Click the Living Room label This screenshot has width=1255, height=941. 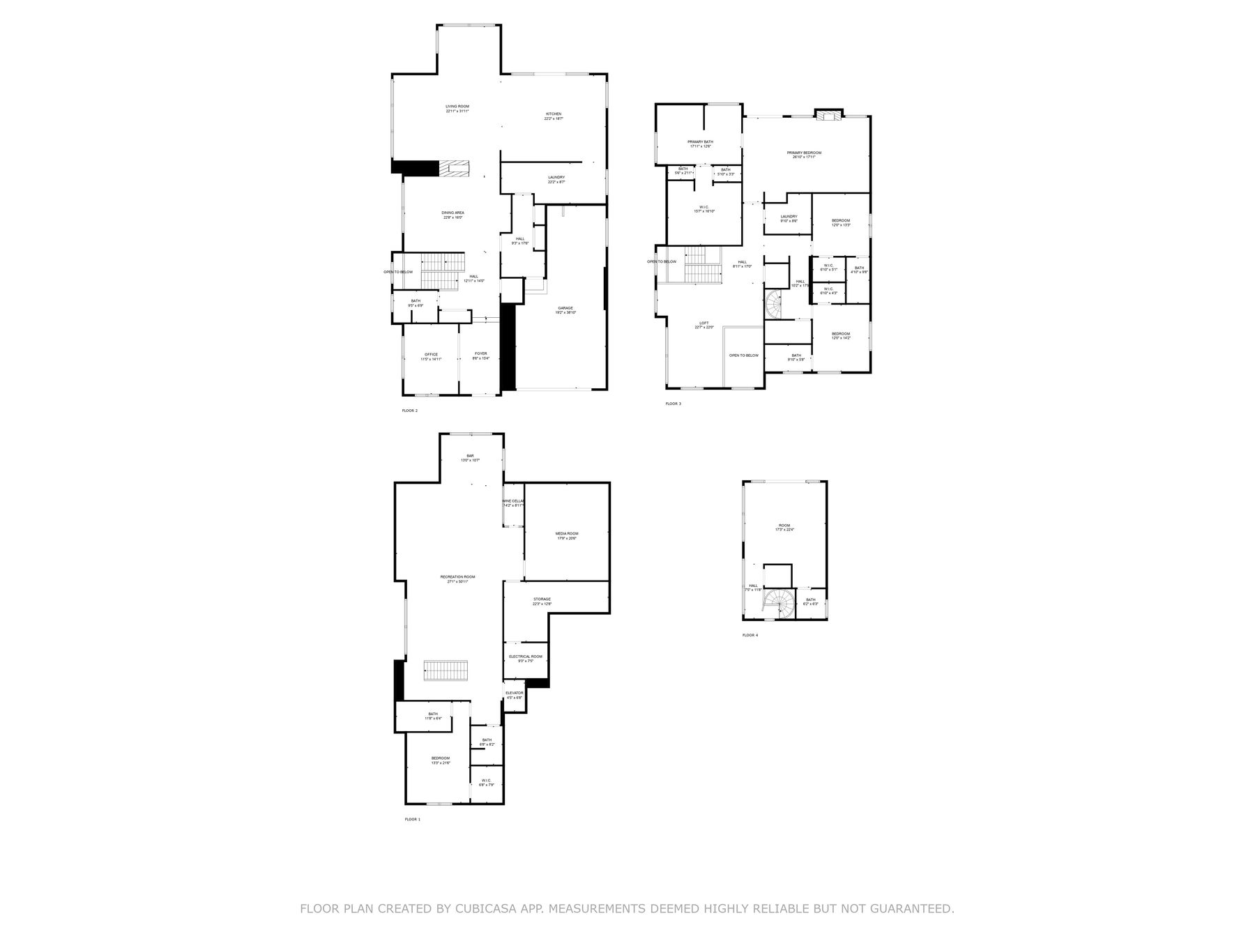point(457,107)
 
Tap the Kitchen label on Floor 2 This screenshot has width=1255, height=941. point(554,114)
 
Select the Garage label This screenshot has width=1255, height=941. point(565,308)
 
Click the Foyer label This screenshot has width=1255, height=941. point(481,354)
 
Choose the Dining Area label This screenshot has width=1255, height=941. point(452,213)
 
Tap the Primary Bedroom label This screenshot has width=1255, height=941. point(804,153)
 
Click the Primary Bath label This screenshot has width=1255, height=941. point(701,142)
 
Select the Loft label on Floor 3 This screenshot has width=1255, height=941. point(704,323)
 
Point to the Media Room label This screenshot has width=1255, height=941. point(567,534)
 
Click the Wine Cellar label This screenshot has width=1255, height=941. point(513,501)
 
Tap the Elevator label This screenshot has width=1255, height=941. point(514,693)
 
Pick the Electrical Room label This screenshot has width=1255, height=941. point(525,657)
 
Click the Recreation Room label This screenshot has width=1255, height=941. point(457,577)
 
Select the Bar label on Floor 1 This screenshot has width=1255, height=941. point(470,456)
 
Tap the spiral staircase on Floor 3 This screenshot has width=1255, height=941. point(775,305)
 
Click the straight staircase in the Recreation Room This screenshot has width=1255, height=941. point(446,671)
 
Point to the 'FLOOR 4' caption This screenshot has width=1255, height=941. point(750,635)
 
